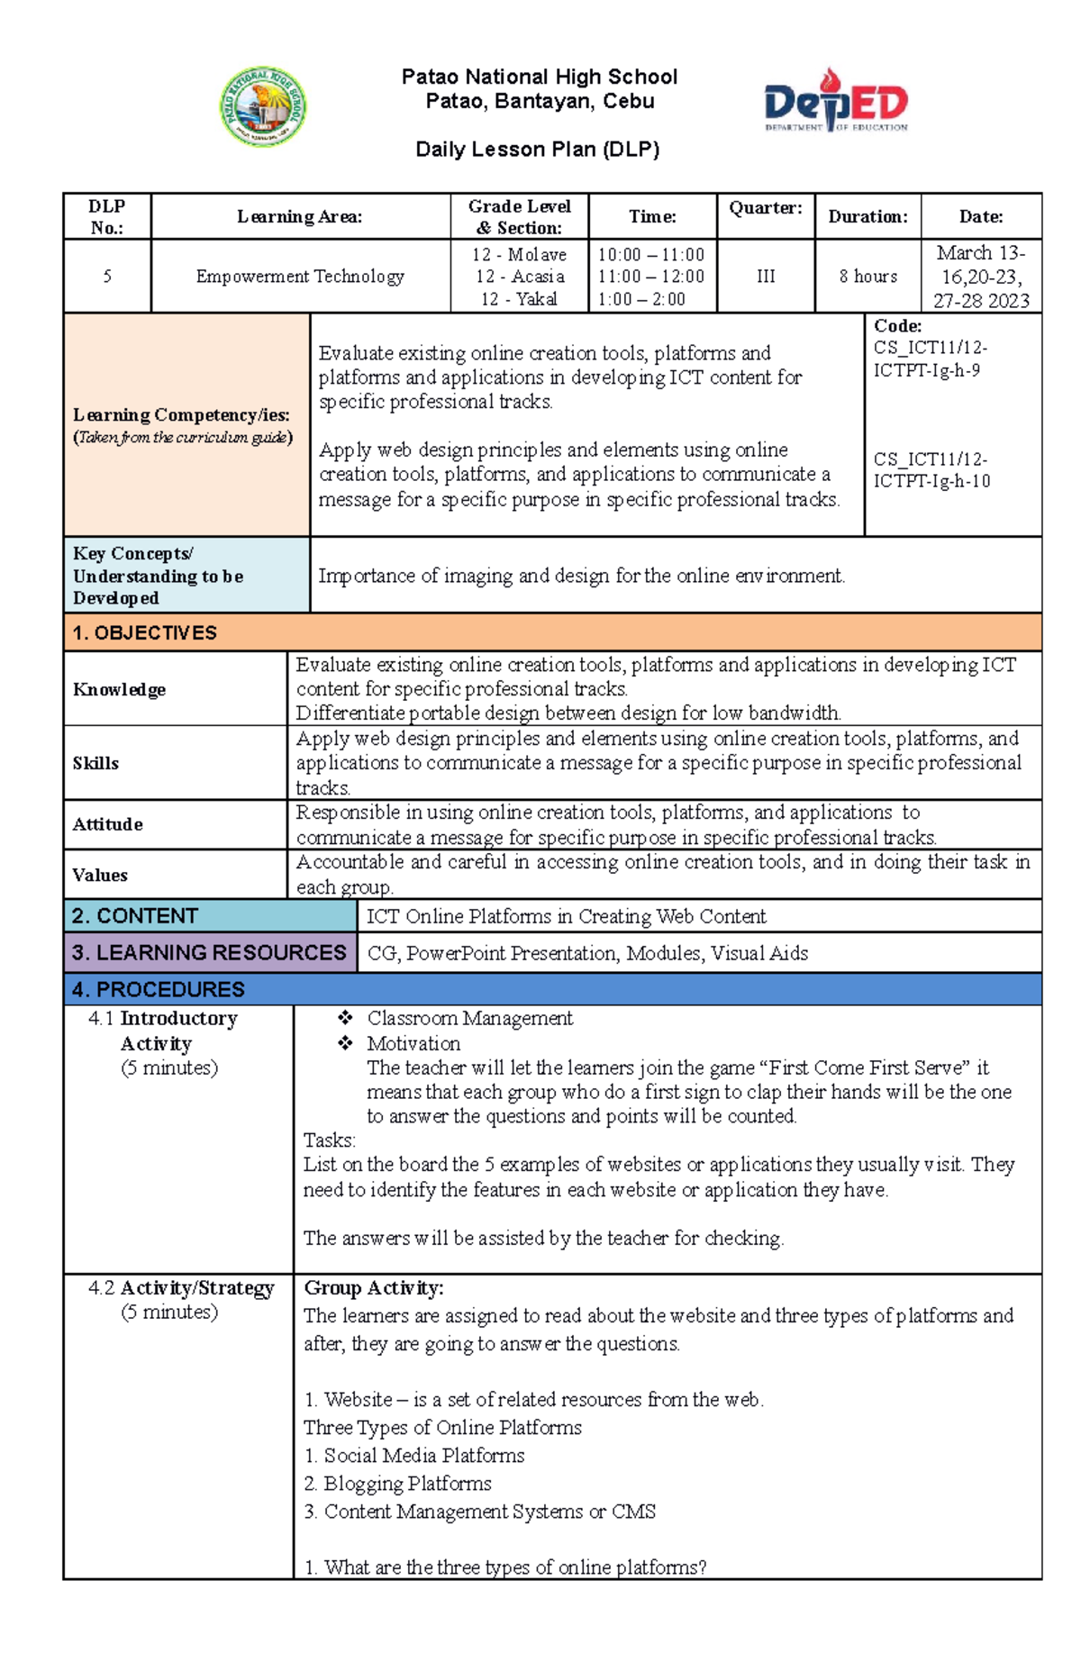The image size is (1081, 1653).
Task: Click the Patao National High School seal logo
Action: [263, 107]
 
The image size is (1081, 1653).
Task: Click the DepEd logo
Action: [836, 102]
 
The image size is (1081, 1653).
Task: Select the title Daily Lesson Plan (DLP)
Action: [538, 150]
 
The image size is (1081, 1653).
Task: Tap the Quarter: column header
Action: [765, 208]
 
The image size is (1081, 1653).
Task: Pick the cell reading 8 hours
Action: [868, 277]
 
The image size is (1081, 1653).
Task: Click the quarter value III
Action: [766, 277]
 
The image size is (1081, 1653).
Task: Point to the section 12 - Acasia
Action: [520, 277]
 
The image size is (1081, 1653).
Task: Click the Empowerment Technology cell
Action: [300, 277]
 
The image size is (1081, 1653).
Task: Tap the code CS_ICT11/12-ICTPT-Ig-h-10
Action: [931, 469]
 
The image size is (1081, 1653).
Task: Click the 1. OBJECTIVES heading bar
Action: [552, 632]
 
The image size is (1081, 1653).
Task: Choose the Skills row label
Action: [95, 763]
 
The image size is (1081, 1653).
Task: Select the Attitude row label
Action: [107, 824]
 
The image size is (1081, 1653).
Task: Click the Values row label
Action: [100, 875]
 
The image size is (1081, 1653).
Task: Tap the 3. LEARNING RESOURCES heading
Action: [209, 952]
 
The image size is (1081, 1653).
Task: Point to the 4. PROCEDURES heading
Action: [159, 989]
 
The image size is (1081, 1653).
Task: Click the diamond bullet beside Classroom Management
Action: [345, 1018]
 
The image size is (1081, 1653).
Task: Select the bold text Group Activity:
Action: [373, 1288]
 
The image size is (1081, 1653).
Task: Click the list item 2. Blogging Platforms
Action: [397, 1483]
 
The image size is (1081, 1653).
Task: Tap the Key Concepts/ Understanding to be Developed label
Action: [158, 576]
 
